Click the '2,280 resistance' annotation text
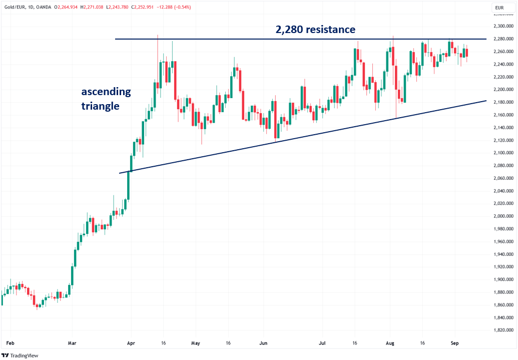tap(315, 30)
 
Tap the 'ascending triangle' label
tap(106, 99)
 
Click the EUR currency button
tap(499, 8)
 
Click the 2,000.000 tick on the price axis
tap(502, 216)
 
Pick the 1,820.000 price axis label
tap(502, 330)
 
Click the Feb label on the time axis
tap(10, 343)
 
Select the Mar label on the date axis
tap(72, 343)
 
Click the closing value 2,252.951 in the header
tap(157, 8)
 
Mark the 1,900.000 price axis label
tap(502, 280)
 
